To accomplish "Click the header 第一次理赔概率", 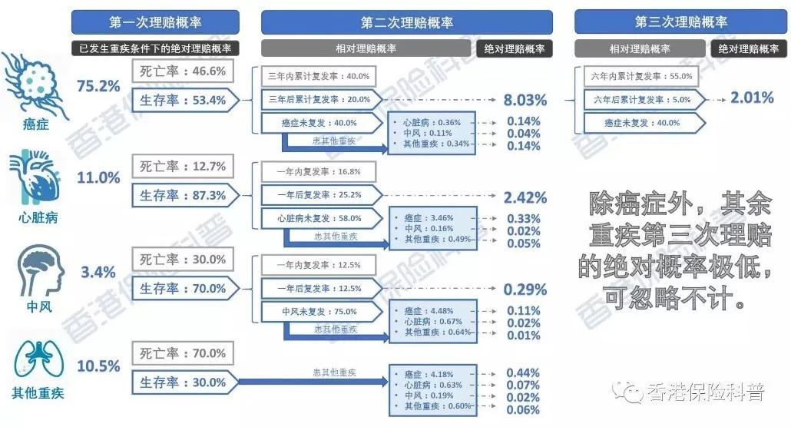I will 156,22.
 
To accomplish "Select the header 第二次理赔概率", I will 406,22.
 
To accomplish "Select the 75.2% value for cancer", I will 98,85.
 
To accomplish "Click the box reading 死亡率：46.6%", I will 183,71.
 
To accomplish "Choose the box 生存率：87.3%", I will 183,195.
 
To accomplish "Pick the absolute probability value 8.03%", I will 525,100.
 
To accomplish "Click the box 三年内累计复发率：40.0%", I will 319,77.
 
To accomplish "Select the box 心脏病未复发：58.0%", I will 319,218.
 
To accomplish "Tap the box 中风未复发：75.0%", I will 319,312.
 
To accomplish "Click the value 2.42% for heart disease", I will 525,197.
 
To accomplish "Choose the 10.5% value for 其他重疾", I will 98,366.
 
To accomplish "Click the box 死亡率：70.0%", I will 183,353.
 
